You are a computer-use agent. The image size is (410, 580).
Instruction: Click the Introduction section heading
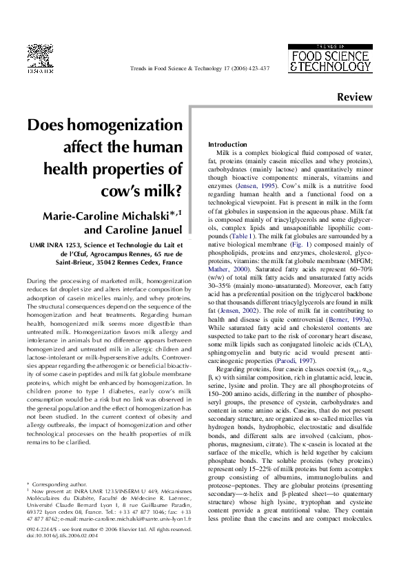227,144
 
